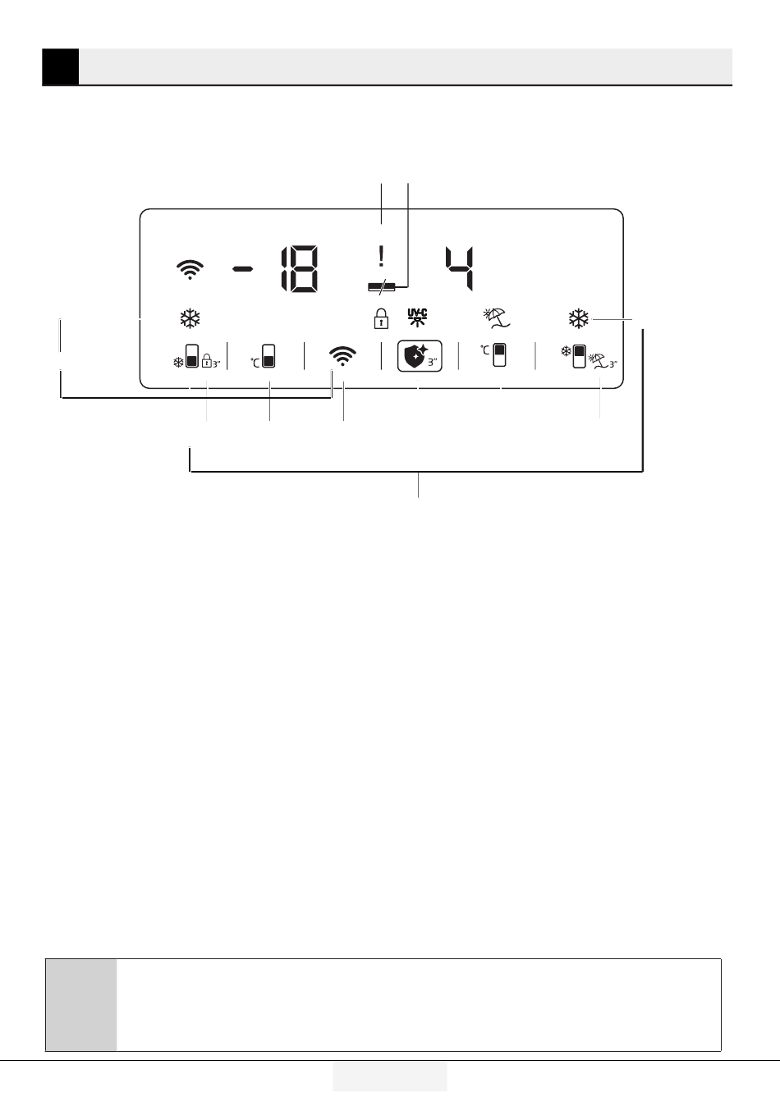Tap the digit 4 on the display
[460, 269]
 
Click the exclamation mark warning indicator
[381, 258]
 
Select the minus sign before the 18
[243, 270]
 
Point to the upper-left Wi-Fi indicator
[190, 270]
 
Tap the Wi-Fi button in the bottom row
[342, 356]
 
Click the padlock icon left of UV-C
[380, 318]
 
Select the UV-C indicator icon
[418, 318]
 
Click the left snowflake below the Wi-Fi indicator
[190, 318]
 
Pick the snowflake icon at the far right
[579, 318]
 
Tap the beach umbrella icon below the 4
[497, 318]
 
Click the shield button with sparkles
[420, 356]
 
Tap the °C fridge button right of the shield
[495, 354]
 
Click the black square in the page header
[60, 67]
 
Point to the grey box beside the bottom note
[80, 1004]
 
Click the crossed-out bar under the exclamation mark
[382, 286]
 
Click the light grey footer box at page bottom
[389, 1076]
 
